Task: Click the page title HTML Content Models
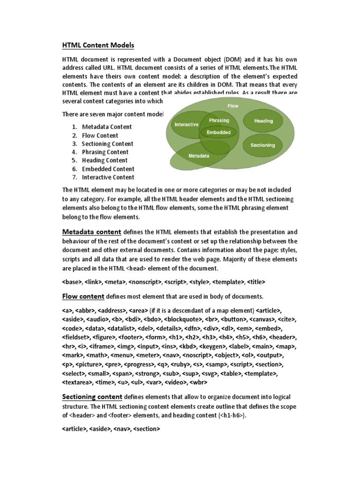coord(98,45)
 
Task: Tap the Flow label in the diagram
coord(233,106)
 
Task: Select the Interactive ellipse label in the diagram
coord(186,125)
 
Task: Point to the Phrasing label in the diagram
coord(219,120)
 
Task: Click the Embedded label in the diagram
coord(219,132)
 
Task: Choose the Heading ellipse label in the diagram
coord(263,121)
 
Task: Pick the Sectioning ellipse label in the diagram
coord(262,145)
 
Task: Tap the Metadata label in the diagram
coord(198,156)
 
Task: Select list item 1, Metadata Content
coord(107,127)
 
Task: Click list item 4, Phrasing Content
coord(105,152)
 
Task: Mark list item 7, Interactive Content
coord(108,178)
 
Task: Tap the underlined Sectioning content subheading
coord(92,397)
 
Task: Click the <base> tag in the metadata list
coord(72,282)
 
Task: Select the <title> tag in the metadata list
coord(256,282)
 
